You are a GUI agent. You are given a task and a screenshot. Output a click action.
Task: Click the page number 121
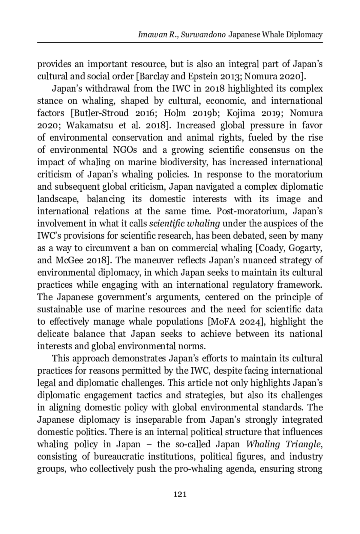180,494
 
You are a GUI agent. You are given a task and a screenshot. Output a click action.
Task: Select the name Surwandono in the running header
203,35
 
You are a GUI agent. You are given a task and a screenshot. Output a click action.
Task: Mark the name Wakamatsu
89,125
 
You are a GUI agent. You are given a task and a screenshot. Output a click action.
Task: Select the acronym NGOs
125,150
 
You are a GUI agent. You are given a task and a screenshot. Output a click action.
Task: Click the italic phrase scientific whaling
184,224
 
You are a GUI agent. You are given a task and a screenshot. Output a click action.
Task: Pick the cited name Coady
273,248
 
